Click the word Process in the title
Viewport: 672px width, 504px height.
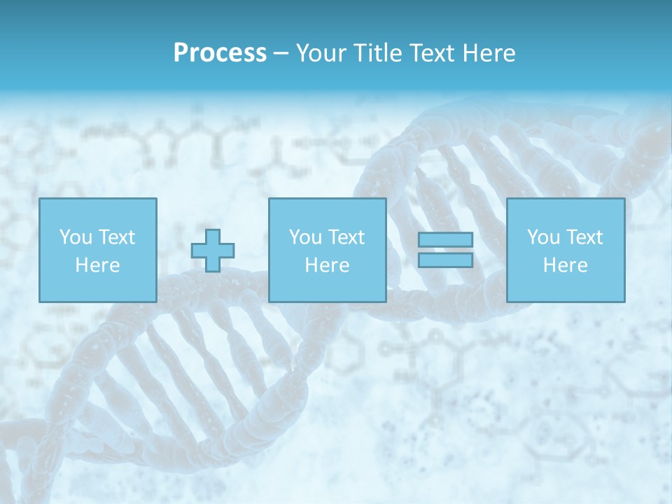(220, 53)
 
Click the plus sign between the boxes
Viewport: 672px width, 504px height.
(213, 250)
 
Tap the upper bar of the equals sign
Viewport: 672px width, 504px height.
(445, 239)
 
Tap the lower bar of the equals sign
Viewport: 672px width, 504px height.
(445, 260)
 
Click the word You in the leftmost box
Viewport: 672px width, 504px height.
(76, 237)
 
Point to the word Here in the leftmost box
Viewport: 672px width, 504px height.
(98, 265)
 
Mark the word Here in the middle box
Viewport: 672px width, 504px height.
(328, 265)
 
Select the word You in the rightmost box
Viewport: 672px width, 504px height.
(543, 237)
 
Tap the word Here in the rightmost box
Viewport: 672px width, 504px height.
(566, 265)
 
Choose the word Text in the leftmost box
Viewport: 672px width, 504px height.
(116, 237)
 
